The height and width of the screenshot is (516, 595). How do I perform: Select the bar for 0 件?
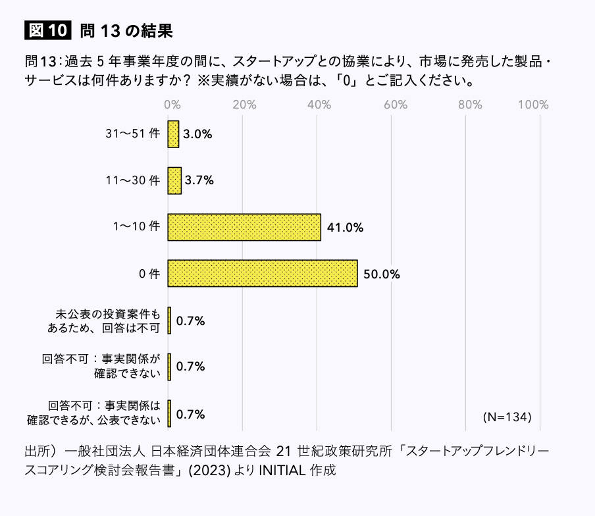263,273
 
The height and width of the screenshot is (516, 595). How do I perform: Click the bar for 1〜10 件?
244,227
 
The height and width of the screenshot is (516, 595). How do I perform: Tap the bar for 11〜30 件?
174,180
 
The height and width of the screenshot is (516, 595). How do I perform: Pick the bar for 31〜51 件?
173,134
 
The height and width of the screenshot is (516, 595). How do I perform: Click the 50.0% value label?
382,274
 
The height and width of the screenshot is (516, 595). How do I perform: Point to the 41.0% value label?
345,228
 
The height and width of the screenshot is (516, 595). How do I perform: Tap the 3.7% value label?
199,181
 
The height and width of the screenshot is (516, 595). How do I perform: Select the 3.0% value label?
197,134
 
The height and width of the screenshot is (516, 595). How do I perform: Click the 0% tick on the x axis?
172,104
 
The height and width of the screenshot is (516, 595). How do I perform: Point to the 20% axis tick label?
244,104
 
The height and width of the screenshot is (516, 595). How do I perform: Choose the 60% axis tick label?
393,104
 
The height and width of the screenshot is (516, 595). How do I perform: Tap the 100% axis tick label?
533,104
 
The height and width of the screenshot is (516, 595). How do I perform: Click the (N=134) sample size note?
507,417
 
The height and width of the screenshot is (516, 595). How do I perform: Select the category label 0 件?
150,274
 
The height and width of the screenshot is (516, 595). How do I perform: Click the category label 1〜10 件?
136,227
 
